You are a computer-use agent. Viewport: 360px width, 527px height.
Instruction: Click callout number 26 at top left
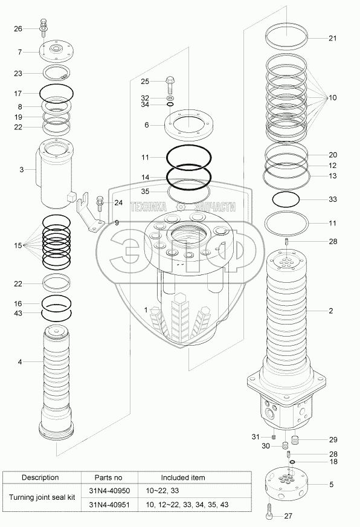point(18,29)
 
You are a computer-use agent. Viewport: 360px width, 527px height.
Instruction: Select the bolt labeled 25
point(170,85)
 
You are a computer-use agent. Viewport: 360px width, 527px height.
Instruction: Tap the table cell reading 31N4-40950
point(109,491)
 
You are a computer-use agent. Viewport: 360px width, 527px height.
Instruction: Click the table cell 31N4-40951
point(109,505)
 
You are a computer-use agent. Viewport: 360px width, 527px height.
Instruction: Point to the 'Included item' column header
point(182,477)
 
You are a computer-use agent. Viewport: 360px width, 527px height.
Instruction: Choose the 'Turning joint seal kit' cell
point(42,497)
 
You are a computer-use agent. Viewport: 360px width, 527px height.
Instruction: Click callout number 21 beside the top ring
point(332,38)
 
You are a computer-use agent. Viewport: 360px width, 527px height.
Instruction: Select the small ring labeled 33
point(286,199)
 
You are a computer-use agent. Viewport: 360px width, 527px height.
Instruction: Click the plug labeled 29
point(295,439)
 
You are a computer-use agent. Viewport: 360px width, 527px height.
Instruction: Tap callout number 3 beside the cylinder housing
point(22,170)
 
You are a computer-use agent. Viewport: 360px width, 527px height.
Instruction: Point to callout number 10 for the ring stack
point(332,98)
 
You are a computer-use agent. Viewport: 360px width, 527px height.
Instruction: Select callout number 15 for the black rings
point(18,246)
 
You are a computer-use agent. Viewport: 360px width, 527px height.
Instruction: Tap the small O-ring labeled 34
point(170,105)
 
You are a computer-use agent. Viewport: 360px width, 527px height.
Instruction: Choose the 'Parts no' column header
point(109,477)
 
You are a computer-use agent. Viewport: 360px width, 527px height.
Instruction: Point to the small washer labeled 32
point(170,98)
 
